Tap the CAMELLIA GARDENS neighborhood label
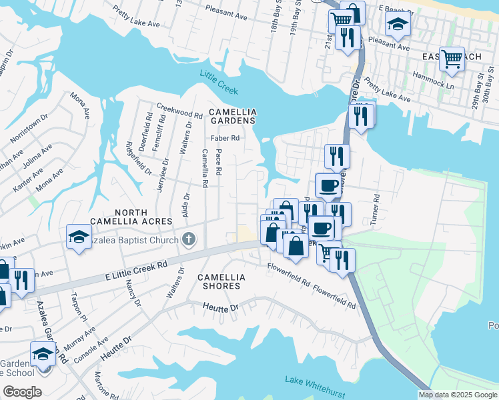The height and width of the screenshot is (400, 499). coord(231,116)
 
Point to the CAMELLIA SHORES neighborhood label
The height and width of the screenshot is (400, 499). coord(221,281)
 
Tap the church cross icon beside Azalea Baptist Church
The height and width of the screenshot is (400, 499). coord(189,239)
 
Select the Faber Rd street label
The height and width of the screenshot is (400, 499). coord(225,139)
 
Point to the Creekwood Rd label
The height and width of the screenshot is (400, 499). coord(179,107)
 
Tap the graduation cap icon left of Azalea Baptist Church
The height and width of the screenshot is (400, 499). coord(79,236)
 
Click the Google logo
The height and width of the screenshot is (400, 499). coord(22,392)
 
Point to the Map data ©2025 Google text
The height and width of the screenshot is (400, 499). coord(457,395)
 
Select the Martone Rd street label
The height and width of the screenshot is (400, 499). coord(101,382)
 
